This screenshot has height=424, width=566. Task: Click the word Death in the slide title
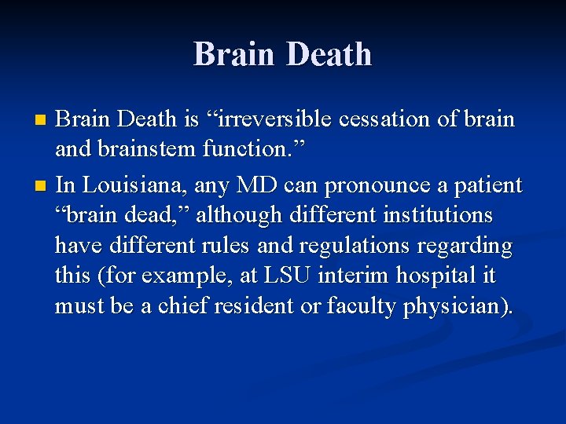click(329, 54)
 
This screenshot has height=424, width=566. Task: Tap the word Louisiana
click(127, 185)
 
